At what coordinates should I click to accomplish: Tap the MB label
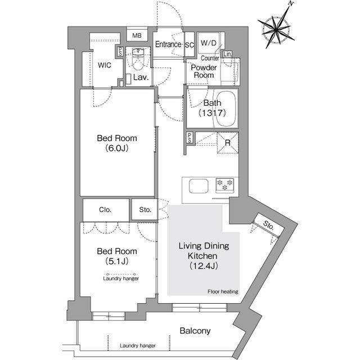[x=137, y=35]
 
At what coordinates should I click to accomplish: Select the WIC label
[x=105, y=65]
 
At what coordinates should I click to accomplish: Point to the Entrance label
[x=168, y=44]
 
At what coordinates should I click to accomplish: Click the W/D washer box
[x=209, y=43]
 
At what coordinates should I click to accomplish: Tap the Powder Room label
[x=204, y=71]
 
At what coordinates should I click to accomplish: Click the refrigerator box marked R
[x=228, y=142]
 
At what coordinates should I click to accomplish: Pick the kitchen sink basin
[x=199, y=186]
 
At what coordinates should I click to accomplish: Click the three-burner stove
[x=225, y=185]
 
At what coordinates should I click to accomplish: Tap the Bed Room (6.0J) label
[x=117, y=143]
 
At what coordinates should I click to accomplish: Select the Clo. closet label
[x=105, y=210]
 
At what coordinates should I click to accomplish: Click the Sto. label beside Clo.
[x=145, y=210]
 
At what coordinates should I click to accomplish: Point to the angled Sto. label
[x=269, y=225]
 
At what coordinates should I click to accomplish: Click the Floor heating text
[x=223, y=291]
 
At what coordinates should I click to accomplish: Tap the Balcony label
[x=195, y=331]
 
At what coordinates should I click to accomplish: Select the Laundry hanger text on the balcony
[x=137, y=345]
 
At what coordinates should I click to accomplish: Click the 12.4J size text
[x=204, y=266]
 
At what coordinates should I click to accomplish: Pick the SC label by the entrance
[x=190, y=45]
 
